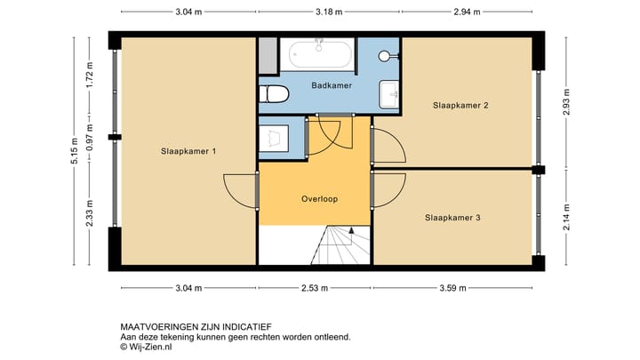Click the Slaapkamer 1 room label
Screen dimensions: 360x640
coord(188,151)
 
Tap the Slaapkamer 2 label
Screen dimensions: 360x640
coord(460,106)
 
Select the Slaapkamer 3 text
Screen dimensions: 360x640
coord(452,217)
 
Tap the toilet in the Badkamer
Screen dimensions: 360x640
coord(273,94)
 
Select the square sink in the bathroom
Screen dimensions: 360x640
coord(389,93)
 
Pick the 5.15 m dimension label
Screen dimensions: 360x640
coord(76,152)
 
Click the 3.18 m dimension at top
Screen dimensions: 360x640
coord(329,12)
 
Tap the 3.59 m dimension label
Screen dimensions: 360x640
coord(454,288)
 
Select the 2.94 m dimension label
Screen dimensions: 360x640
coord(466,12)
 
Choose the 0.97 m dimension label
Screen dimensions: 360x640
coord(90,136)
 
